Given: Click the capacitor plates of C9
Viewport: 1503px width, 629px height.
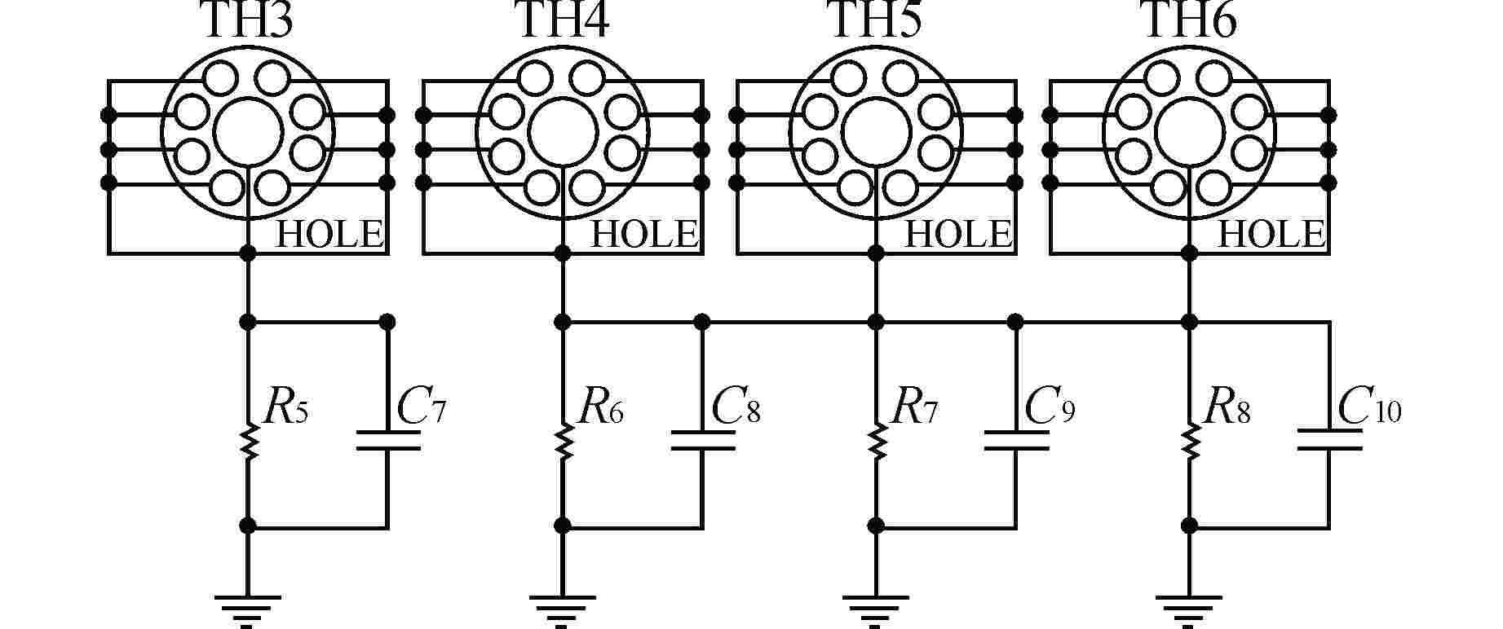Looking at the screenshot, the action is click(1016, 440).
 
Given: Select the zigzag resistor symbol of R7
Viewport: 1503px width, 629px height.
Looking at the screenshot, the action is click(876, 441).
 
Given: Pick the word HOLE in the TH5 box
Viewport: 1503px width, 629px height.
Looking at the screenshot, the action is click(958, 235).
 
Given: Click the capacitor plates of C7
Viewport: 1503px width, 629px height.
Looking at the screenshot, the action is click(388, 440).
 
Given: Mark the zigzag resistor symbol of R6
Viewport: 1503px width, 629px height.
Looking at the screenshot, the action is click(562, 441).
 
